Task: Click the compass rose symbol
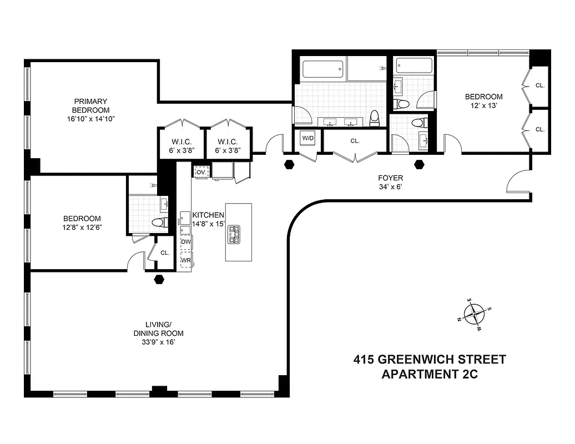[475, 315]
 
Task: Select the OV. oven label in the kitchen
[201, 172]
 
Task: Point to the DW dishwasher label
[186, 242]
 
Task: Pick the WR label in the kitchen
[186, 260]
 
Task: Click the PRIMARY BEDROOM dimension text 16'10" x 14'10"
[90, 119]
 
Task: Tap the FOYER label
[390, 178]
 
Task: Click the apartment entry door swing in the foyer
[518, 181]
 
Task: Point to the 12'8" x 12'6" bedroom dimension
[82, 227]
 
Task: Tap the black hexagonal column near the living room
[159, 279]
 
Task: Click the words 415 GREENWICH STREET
[430, 359]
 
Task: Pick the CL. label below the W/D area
[355, 141]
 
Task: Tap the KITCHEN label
[208, 215]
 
